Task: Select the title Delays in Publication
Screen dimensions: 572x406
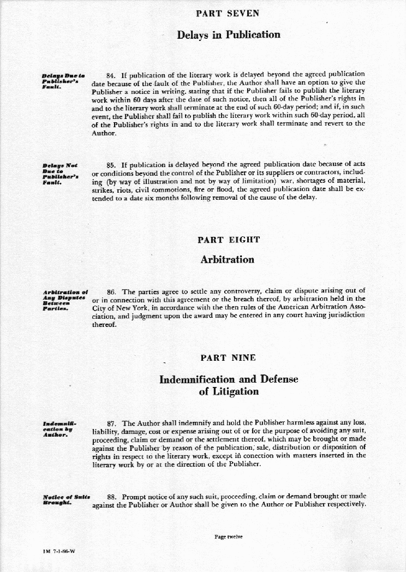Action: point(228,35)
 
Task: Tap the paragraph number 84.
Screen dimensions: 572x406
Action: point(112,74)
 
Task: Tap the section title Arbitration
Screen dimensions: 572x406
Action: point(228,259)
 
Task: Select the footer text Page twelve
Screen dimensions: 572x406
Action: point(229,537)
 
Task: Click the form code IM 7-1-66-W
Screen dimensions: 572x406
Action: point(58,551)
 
